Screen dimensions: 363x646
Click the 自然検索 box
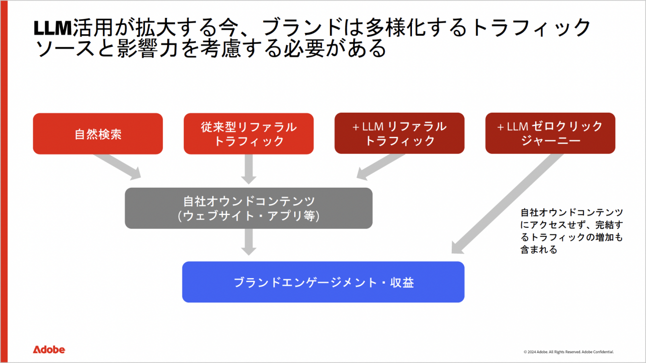98,134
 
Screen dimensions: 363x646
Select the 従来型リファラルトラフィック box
248,134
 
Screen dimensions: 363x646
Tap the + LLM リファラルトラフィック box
400,134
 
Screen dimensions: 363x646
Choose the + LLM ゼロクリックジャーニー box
550,134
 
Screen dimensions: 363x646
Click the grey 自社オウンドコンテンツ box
248,208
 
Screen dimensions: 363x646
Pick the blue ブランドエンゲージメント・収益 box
323,282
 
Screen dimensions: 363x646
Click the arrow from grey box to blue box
249,242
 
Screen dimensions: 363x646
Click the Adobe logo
49,350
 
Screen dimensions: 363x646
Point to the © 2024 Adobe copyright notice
568,352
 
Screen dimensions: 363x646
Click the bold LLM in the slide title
52,28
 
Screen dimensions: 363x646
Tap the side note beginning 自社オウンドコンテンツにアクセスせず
571,231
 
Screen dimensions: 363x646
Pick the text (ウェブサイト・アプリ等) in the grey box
248,216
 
